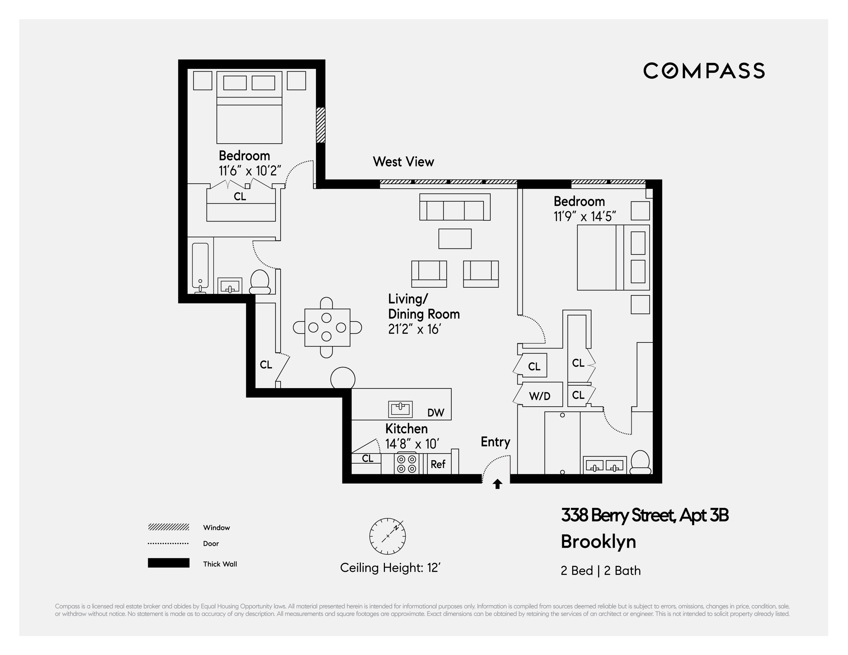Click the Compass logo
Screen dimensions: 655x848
[x=703, y=71]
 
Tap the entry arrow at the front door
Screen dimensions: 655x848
[x=497, y=484]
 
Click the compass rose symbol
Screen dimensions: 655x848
[x=388, y=536]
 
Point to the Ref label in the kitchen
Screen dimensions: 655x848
[x=438, y=464]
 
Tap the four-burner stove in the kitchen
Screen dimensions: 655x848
[x=406, y=464]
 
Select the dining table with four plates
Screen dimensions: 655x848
[x=327, y=327]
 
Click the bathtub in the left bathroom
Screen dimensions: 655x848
[x=200, y=266]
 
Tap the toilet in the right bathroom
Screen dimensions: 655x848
[x=640, y=462]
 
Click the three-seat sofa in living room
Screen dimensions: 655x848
[x=455, y=207]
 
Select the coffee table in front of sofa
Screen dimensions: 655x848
[x=455, y=238]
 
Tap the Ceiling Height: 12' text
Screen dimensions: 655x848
[x=390, y=568]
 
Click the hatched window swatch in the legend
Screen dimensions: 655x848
[x=168, y=527]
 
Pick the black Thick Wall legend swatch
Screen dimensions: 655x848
[x=168, y=563]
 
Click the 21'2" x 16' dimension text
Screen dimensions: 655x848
[x=414, y=329]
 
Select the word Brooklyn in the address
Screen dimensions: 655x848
[x=598, y=541]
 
